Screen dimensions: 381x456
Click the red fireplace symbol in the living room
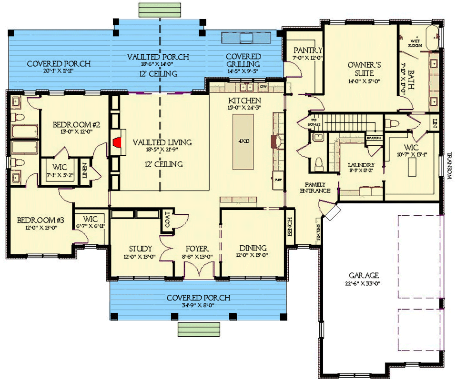tap(116, 141)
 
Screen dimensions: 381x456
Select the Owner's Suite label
tap(360, 70)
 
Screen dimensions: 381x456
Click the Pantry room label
tap(308, 50)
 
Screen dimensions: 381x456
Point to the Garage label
tap(363, 275)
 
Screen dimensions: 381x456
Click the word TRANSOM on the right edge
tap(449, 166)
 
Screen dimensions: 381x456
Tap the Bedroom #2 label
tap(76, 125)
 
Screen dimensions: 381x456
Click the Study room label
tap(141, 249)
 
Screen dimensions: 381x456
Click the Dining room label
tap(253, 248)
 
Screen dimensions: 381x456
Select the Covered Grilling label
tap(243, 60)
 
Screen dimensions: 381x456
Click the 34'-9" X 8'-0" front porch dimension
tap(198, 306)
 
